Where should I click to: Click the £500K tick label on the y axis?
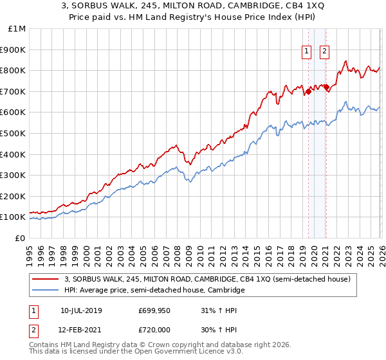(14, 133)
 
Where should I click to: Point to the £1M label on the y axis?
(17, 28)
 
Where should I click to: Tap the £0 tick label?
(21, 238)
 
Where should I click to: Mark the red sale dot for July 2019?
(308, 91)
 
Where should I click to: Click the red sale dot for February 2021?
(326, 87)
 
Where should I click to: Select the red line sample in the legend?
(46, 280)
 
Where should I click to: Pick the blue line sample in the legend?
(46, 291)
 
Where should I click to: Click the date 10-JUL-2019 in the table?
(82, 311)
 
